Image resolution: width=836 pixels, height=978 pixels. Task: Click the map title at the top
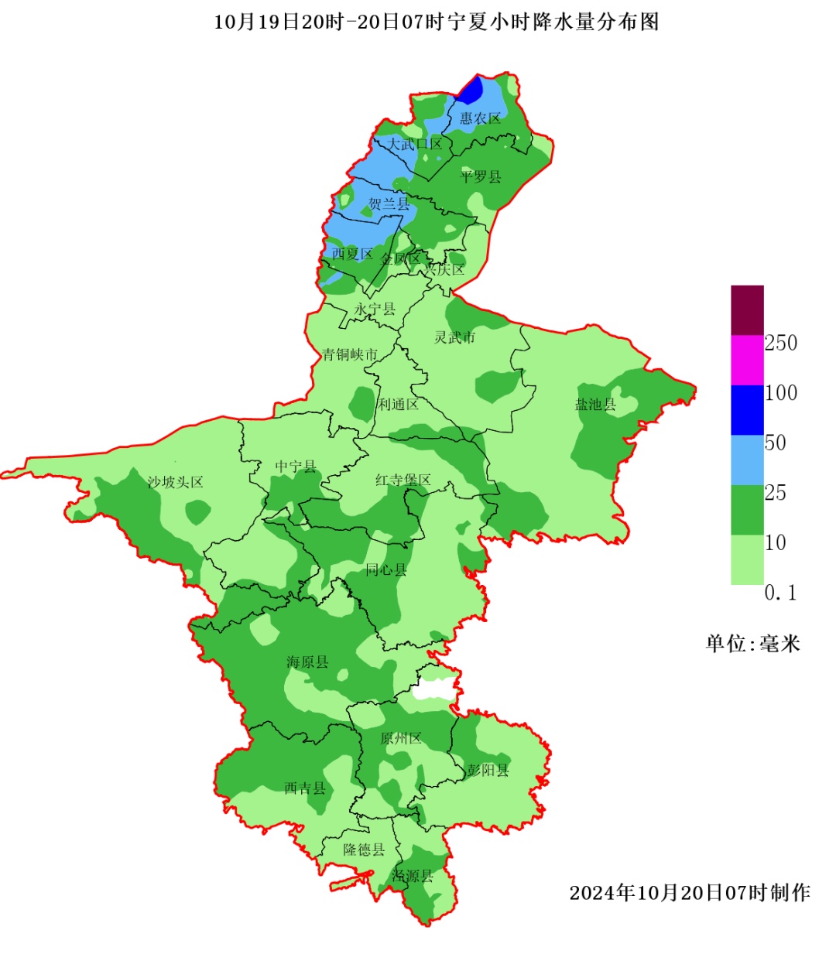coord(436,22)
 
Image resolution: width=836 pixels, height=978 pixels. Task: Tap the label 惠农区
coord(480,118)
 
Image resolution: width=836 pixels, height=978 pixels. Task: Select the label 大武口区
coord(415,144)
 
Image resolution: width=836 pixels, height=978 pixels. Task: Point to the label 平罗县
coord(481,176)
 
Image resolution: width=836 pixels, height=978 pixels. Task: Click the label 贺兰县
coord(389,203)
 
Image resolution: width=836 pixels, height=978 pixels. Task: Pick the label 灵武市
coord(454,337)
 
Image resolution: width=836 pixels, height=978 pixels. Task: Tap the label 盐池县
coord(595,404)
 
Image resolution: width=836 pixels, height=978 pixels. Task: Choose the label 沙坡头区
coord(175,482)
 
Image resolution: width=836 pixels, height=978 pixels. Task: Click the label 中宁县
coord(296,467)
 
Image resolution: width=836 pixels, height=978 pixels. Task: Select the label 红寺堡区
coord(403,480)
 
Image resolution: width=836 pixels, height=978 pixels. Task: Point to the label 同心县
coord(385,569)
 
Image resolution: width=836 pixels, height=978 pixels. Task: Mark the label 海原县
coord(307,662)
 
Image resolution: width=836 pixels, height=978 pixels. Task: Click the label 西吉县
coord(304,788)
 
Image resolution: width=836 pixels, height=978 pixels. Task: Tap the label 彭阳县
coord(488,770)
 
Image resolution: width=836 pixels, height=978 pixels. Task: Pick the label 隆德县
coord(364,849)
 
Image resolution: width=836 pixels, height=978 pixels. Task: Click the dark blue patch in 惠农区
coord(471,91)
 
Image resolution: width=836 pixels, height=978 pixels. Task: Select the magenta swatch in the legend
coord(747,360)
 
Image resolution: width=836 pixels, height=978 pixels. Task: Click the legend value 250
coord(780,343)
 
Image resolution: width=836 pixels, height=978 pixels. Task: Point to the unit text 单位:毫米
coord(752,644)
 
